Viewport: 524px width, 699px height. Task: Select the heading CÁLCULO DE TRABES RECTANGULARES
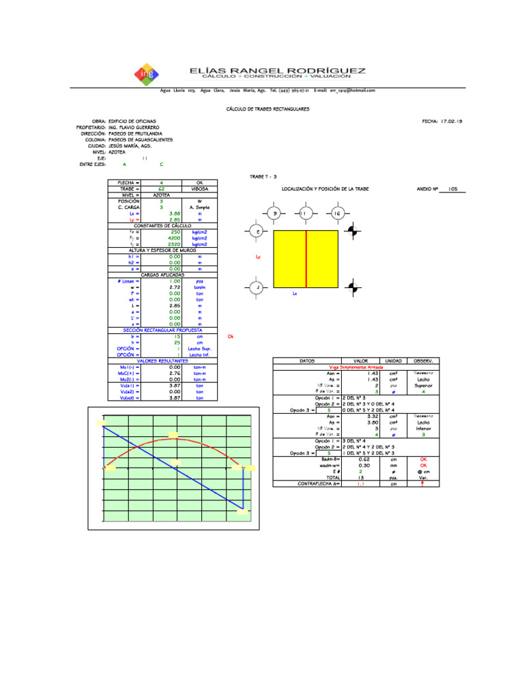point(267,109)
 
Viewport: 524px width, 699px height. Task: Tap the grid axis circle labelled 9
point(275,214)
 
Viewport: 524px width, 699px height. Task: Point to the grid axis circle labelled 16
point(337,214)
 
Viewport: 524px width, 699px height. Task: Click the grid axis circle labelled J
point(257,288)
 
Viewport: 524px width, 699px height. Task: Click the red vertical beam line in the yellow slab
point(306,259)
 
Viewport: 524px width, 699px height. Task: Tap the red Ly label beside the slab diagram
point(258,257)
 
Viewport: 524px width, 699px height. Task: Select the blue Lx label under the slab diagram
point(295,294)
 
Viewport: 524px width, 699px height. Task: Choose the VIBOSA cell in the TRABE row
point(200,188)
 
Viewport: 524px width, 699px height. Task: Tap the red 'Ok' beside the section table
point(230,337)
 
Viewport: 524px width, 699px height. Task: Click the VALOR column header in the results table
point(361,360)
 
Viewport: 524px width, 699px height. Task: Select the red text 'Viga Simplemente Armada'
point(348,367)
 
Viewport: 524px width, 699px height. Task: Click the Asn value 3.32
point(373,416)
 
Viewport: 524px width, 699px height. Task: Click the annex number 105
point(452,188)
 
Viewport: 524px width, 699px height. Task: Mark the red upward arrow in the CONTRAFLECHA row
point(423,483)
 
